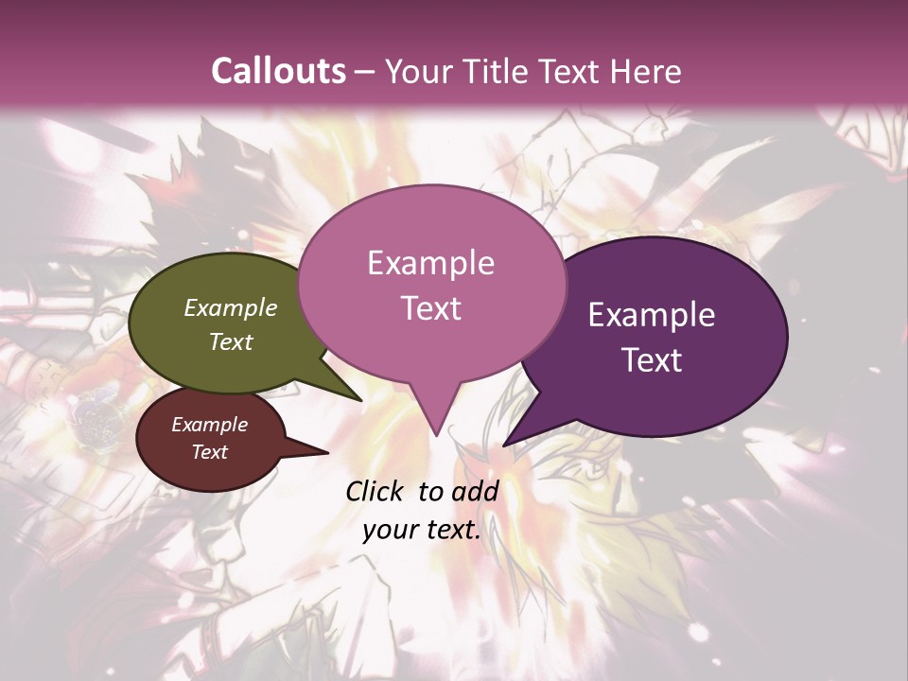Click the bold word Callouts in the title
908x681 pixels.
(x=278, y=71)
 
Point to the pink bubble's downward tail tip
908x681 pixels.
(x=436, y=433)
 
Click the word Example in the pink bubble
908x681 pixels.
(x=430, y=263)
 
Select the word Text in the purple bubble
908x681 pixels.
(x=652, y=360)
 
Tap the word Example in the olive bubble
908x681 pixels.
(x=230, y=308)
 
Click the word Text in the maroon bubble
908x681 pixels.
(x=210, y=452)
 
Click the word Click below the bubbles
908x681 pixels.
(x=376, y=492)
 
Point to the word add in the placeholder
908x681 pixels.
(x=476, y=492)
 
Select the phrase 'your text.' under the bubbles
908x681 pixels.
(x=422, y=531)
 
